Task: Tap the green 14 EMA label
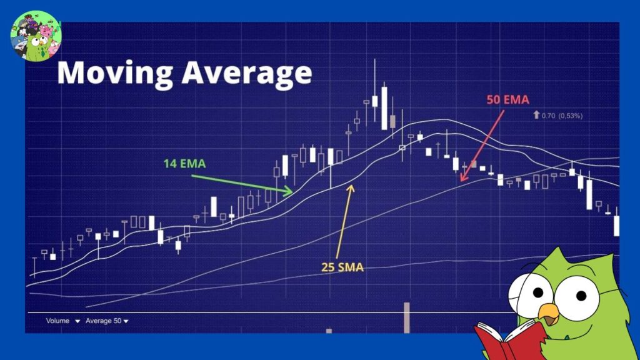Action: (x=184, y=164)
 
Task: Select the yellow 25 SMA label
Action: (x=342, y=267)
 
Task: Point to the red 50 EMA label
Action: (x=507, y=99)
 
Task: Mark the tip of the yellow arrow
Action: (x=351, y=185)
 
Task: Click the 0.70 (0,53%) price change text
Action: (x=562, y=116)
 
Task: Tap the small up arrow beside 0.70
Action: (x=536, y=115)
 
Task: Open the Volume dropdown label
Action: (x=57, y=321)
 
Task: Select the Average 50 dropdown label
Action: (x=103, y=321)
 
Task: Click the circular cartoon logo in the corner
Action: (x=36, y=36)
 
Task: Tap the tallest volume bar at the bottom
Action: (x=406, y=317)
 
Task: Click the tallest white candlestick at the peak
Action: (x=384, y=108)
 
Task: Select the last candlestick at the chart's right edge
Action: (x=616, y=225)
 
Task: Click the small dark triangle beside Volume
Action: (x=77, y=321)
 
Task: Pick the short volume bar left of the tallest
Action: (x=329, y=331)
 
